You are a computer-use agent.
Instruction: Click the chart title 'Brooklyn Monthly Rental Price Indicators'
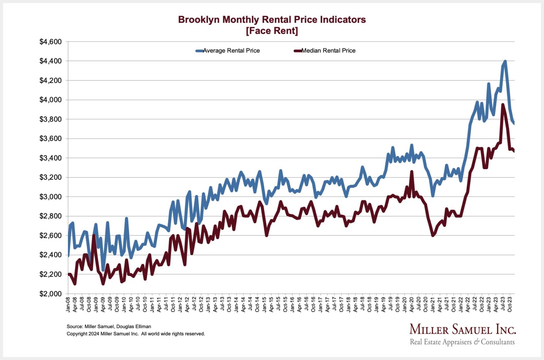point(272,19)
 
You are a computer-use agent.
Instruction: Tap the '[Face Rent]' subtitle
point(272,31)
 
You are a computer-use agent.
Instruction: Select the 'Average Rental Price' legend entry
point(231,51)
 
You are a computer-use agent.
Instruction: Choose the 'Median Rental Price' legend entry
point(328,51)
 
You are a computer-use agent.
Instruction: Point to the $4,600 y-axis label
point(50,42)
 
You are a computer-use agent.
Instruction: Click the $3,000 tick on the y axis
point(50,197)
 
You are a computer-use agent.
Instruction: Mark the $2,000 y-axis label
point(50,294)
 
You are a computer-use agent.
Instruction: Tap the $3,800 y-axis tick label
point(50,119)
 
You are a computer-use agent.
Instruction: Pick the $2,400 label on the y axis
point(50,255)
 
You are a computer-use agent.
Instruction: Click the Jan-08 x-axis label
point(68,304)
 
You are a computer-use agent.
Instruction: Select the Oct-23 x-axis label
point(510,304)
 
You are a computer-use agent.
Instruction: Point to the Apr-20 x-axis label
point(412,304)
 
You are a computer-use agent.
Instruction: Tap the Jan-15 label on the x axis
point(264,304)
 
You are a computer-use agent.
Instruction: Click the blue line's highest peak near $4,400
point(505,61)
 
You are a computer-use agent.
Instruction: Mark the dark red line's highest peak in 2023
point(503,104)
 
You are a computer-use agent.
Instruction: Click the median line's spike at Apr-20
point(412,172)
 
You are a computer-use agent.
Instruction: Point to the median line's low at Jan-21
point(432,235)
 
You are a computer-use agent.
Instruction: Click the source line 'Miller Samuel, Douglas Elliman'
point(109,326)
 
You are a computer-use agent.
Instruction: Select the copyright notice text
point(136,334)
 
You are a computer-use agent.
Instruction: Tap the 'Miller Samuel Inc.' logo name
point(463,330)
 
